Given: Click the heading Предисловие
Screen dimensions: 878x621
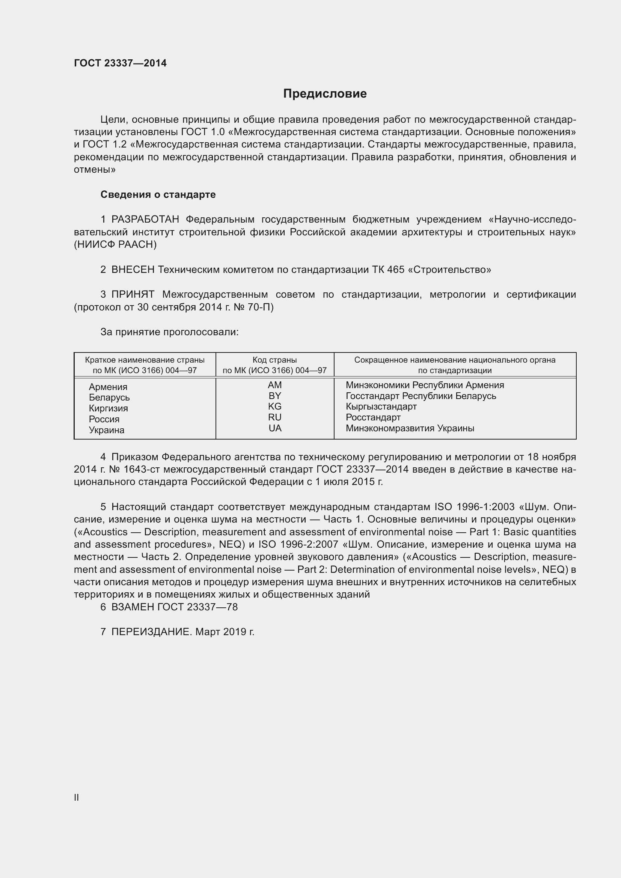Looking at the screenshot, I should [x=325, y=93].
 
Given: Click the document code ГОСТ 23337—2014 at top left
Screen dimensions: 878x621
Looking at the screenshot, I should [x=120, y=63].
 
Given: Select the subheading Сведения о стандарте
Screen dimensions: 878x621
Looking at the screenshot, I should [x=158, y=195].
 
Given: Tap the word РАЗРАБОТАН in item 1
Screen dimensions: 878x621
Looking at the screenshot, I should [x=145, y=220].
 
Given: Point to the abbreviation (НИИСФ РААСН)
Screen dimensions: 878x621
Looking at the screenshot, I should [x=115, y=244].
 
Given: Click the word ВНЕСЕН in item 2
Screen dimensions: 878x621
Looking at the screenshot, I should [x=133, y=270].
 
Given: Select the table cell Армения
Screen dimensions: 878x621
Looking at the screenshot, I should [x=108, y=387].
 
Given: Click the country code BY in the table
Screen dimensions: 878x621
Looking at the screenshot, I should [x=274, y=396].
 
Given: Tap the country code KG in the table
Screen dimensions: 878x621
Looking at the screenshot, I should [x=274, y=407].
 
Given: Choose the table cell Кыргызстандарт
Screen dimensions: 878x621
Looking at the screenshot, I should [x=381, y=407].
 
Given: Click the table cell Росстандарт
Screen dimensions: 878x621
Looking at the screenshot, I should [x=373, y=417].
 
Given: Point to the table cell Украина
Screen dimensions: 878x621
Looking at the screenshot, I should [x=106, y=430].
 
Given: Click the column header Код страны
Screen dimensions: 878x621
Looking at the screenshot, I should [x=274, y=360].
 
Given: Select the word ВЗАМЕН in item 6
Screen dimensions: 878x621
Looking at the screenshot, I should [x=133, y=607].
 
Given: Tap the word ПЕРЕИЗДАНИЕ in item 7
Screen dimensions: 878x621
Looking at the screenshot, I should [x=151, y=632].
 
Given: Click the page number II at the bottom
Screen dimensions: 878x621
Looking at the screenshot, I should [x=77, y=797].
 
